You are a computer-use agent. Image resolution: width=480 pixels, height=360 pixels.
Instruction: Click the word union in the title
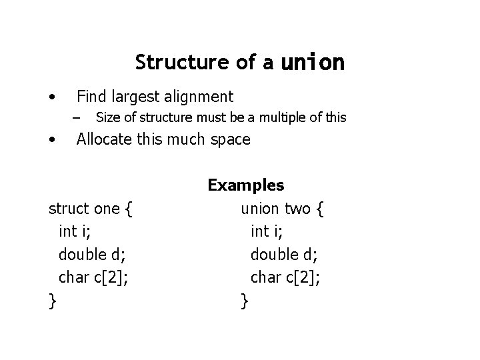(x=313, y=63)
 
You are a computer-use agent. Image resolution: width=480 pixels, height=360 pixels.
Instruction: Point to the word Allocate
(x=107, y=140)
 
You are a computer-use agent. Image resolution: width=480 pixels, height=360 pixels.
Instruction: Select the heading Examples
(x=246, y=185)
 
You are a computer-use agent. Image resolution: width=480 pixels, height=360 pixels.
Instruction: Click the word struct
(x=69, y=209)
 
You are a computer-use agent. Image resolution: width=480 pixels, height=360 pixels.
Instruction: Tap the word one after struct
(x=107, y=209)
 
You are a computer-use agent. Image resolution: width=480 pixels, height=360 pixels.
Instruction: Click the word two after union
(x=297, y=209)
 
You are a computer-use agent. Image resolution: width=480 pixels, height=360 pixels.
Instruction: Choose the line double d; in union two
(x=282, y=255)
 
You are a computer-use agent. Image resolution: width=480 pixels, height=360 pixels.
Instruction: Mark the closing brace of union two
(x=245, y=301)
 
